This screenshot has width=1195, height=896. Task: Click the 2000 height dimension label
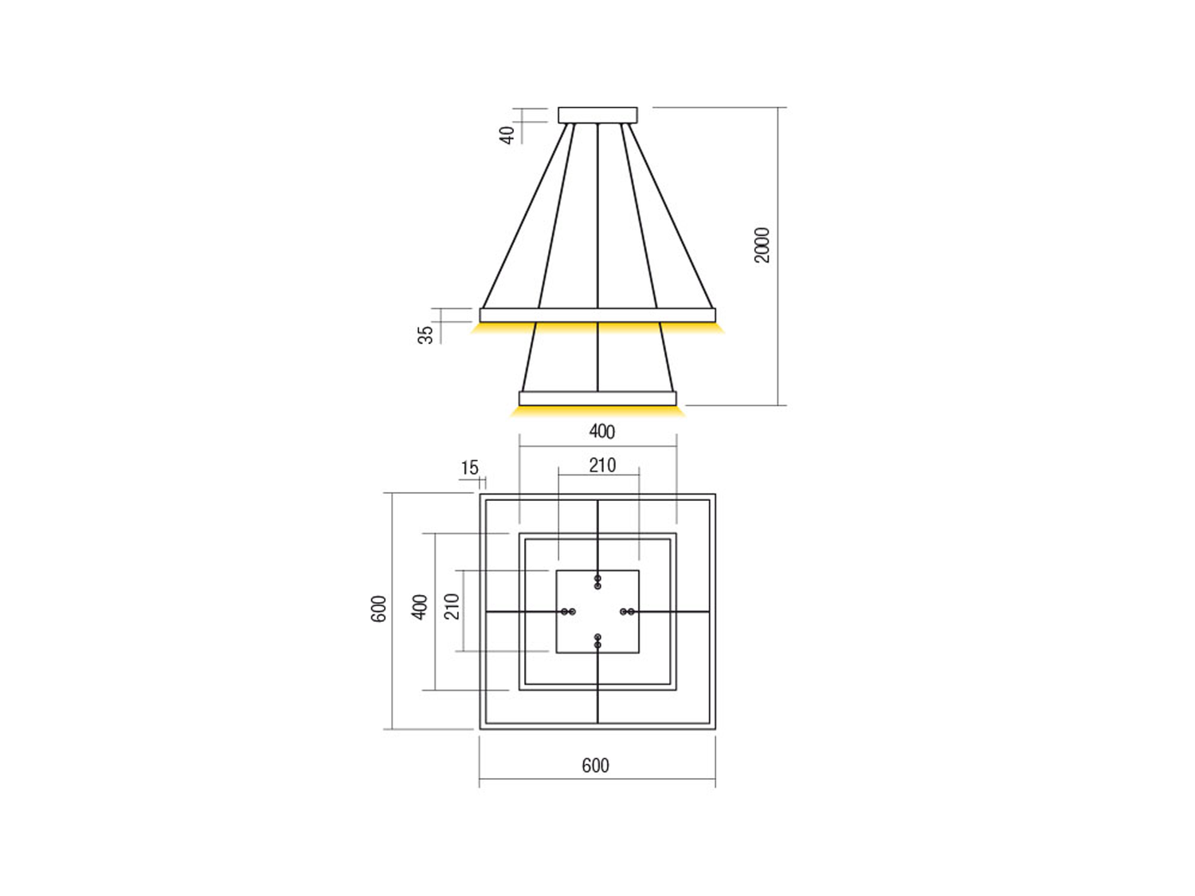[x=762, y=245]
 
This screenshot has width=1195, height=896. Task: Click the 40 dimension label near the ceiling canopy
[x=507, y=135]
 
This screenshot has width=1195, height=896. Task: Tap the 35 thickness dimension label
[x=425, y=335]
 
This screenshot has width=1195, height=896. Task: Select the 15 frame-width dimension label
[x=469, y=468]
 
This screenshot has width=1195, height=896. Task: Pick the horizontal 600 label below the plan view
[x=595, y=766]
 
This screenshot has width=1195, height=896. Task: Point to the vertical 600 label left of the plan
[x=378, y=609]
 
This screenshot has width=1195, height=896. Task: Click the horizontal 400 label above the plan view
[x=601, y=432]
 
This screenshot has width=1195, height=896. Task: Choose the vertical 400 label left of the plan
[x=420, y=607]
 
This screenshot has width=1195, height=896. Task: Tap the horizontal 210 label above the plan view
[x=602, y=465]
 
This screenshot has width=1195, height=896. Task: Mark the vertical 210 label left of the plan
[x=453, y=607]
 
